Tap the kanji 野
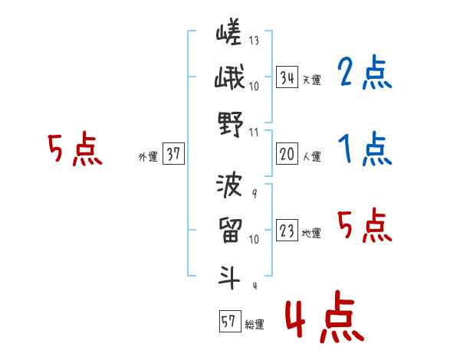(x=229, y=124)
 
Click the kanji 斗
(x=228, y=276)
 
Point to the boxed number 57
(x=228, y=322)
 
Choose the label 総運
(x=254, y=325)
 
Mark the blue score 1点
(x=365, y=149)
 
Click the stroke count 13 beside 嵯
(x=254, y=41)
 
